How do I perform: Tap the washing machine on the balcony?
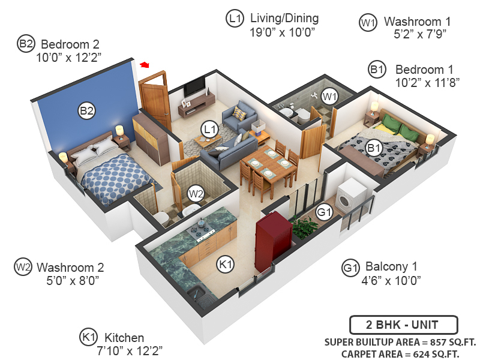[348, 195]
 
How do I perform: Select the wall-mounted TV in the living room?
[195, 87]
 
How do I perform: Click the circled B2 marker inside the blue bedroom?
[87, 110]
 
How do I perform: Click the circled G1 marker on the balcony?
[324, 212]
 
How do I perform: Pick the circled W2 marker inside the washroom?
[196, 193]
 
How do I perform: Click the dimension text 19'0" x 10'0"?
[283, 32]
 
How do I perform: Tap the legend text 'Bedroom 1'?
[424, 70]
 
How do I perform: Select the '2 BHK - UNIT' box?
[403, 325]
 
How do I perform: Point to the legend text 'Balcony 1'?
[390, 267]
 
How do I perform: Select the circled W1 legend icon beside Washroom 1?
[368, 23]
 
